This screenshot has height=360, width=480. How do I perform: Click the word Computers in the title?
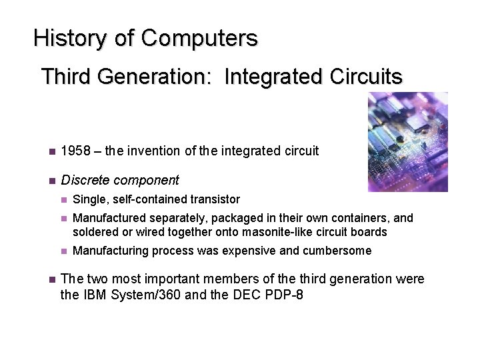coord(199,38)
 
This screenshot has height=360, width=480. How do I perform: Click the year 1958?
coord(74,151)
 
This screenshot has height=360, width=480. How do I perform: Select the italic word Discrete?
coord(83,179)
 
